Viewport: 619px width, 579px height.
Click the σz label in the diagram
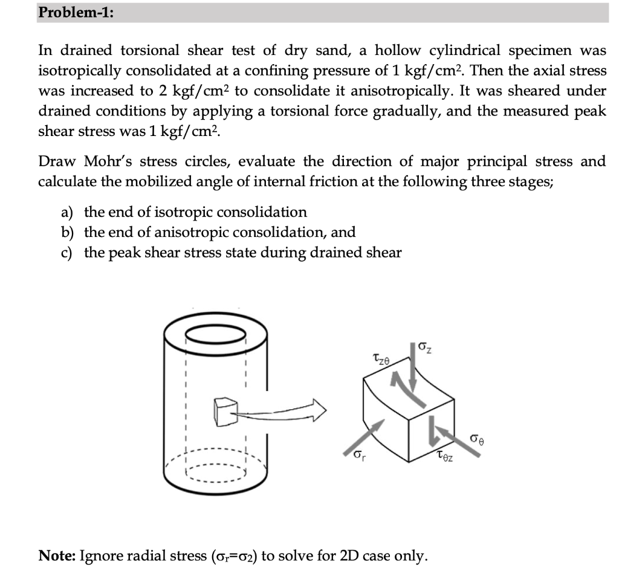426,349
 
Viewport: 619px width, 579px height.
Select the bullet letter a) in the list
67,212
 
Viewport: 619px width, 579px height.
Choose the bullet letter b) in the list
67,232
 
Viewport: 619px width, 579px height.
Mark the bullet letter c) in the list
67,253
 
